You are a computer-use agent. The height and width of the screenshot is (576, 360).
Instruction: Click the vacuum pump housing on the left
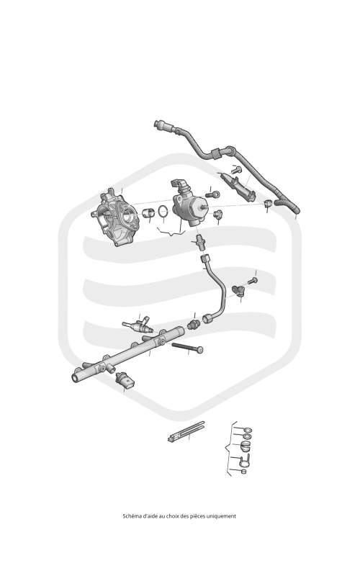point(114,217)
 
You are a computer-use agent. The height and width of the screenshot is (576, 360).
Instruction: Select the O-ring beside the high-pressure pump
point(164,211)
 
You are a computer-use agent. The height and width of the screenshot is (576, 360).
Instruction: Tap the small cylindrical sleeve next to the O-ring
point(148,212)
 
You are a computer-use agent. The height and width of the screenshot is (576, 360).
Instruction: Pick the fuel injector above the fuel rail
point(138,325)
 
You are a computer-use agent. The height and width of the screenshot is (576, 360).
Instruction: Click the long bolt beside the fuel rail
point(187,347)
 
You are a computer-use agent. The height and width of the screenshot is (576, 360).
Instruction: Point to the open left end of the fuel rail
point(75,377)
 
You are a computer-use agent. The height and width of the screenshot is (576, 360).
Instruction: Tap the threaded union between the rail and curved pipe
point(193,325)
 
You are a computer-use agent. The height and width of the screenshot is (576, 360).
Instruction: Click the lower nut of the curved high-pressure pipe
point(207,318)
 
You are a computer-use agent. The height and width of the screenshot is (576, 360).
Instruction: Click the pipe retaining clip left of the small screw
point(238,291)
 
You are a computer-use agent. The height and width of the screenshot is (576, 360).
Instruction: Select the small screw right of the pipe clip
point(253,281)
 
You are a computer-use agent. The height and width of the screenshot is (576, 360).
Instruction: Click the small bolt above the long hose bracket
point(236,170)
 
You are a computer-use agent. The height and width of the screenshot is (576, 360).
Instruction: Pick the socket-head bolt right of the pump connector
point(212,194)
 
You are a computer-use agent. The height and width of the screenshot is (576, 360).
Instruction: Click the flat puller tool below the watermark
point(186,431)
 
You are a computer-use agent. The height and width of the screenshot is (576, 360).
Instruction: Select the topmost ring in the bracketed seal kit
point(248,430)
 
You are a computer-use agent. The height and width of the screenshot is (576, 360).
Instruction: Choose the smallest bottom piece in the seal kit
point(243,472)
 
